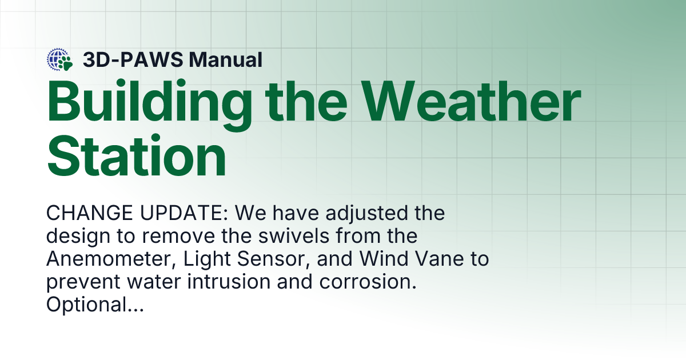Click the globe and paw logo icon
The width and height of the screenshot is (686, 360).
tap(60, 59)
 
